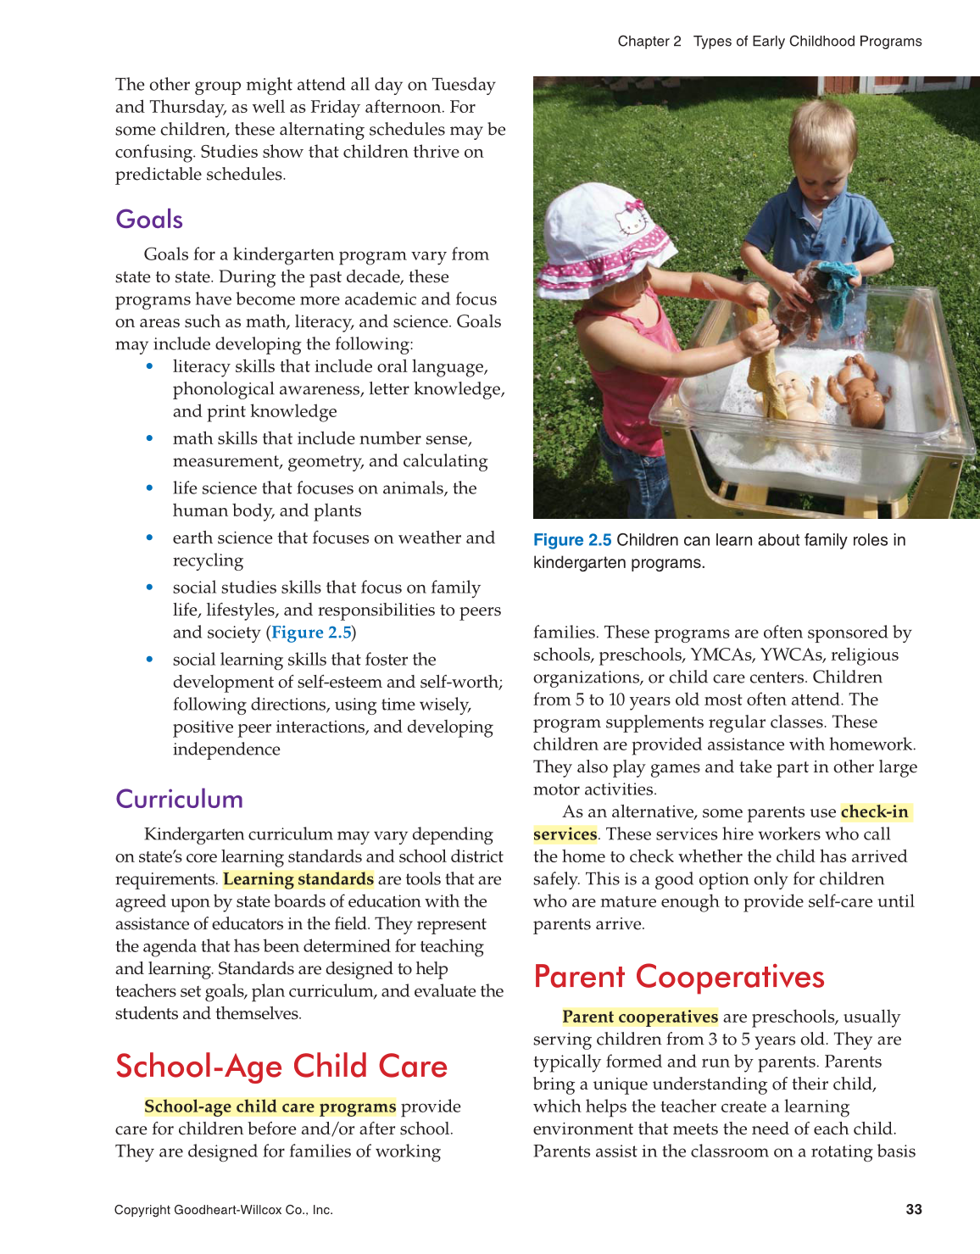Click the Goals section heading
149,220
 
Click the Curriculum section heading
179,800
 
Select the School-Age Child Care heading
281,1067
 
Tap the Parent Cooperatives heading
678,977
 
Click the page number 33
913,1210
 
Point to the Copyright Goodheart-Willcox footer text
224,1210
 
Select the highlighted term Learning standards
298,879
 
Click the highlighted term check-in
874,812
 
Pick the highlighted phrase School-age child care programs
270,1106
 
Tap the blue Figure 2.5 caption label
572,541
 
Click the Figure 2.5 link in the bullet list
311,633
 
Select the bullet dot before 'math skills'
150,438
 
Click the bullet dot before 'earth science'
150,538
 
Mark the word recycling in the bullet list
208,560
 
